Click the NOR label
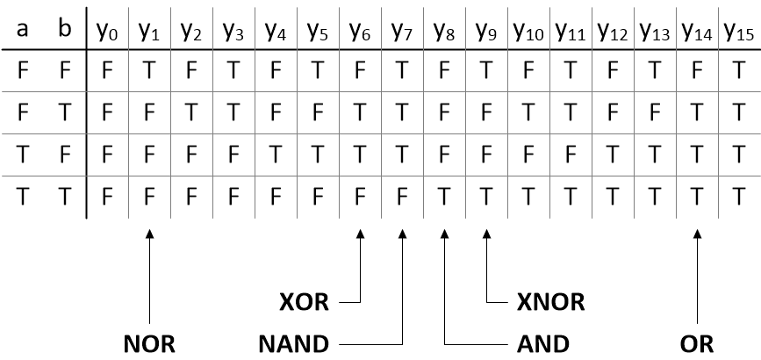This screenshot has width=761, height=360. [x=149, y=342]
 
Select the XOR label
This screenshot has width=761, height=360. [x=303, y=303]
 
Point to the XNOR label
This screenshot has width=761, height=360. [x=551, y=303]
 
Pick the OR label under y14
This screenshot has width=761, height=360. [x=696, y=342]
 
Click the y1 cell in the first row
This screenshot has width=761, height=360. [x=150, y=70]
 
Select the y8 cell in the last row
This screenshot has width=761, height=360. [x=445, y=197]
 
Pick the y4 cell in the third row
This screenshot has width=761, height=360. [x=276, y=155]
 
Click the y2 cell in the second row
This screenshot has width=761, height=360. [x=192, y=112]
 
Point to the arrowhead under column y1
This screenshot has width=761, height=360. [x=150, y=233]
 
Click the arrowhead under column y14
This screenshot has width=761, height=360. [x=698, y=233]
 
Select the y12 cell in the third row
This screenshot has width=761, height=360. [x=614, y=155]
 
